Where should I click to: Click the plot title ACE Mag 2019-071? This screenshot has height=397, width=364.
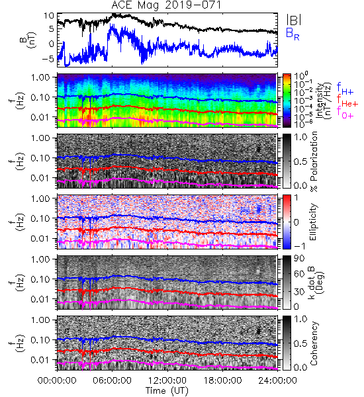click(x=166, y=5)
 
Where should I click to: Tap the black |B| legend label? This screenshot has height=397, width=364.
click(x=294, y=20)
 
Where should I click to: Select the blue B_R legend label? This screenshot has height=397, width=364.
click(x=293, y=34)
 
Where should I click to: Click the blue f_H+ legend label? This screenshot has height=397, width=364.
click(x=345, y=88)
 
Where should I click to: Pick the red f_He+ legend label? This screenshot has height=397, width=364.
click(x=347, y=101)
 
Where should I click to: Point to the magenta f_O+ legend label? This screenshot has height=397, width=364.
click(x=345, y=112)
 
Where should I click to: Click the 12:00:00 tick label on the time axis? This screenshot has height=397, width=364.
click(x=167, y=380)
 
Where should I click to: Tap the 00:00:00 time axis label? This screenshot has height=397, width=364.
click(x=57, y=380)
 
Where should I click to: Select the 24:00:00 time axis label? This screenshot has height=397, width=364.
click(x=277, y=380)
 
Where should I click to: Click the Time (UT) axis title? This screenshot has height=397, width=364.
click(x=167, y=390)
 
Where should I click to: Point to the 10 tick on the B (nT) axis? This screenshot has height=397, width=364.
click(x=49, y=16)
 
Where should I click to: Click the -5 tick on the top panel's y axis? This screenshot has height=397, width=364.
click(x=48, y=59)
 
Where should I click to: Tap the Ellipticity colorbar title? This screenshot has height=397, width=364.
click(x=313, y=222)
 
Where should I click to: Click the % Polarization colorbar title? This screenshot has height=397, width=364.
click(x=314, y=161)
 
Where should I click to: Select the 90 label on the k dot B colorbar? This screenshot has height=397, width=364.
click(x=299, y=259)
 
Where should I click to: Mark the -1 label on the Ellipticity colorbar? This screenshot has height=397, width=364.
click(x=299, y=245)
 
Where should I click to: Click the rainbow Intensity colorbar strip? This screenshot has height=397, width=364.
click(x=287, y=101)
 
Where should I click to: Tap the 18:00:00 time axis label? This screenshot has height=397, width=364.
click(x=222, y=380)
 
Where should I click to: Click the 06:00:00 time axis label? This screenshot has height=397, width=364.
click(x=113, y=380)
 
